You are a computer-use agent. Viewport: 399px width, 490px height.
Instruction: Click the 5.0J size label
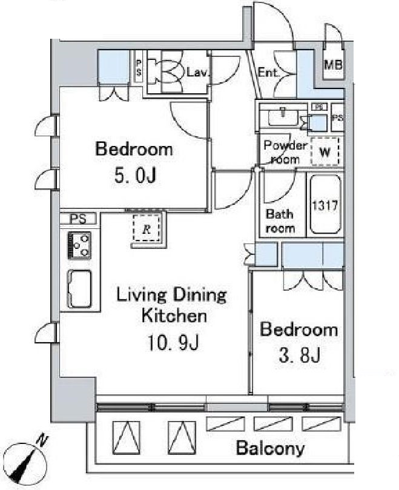135,176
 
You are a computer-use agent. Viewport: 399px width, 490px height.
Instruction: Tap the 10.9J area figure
173,343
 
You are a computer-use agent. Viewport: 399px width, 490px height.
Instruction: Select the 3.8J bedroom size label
300,355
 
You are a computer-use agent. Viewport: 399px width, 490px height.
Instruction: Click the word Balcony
270,448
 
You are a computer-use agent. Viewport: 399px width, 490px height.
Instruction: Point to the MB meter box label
334,65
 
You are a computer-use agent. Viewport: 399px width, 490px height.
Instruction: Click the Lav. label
197,73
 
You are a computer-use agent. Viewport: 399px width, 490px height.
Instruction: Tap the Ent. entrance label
268,73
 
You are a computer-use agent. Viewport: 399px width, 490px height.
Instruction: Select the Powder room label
285,152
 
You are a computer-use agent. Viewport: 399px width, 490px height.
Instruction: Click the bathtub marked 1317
325,204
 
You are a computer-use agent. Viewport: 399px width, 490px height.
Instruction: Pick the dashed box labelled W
325,151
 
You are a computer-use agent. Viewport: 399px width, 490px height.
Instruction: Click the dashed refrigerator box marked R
147,228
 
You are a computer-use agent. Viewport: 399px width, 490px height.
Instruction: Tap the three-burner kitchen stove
79,246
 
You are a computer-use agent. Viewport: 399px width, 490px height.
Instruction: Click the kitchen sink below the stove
80,289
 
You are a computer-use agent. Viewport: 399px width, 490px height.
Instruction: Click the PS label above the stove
78,219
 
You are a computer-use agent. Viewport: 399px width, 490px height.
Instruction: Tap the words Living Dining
171,295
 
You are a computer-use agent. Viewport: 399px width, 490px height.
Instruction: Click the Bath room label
280,221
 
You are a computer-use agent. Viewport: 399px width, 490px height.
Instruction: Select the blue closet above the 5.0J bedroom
114,67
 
